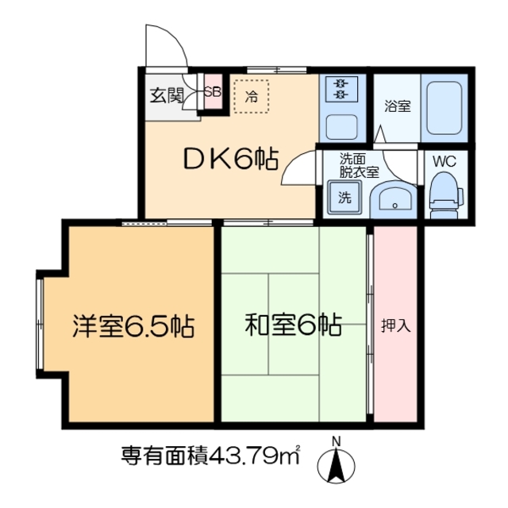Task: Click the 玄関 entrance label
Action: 167,96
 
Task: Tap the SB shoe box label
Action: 213,91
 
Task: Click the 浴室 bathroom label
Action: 397,106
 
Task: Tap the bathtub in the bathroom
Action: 444,108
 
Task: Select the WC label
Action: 444,160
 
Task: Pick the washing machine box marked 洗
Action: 344,198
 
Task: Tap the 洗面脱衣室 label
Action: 359,164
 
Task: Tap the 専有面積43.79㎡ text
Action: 210,456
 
